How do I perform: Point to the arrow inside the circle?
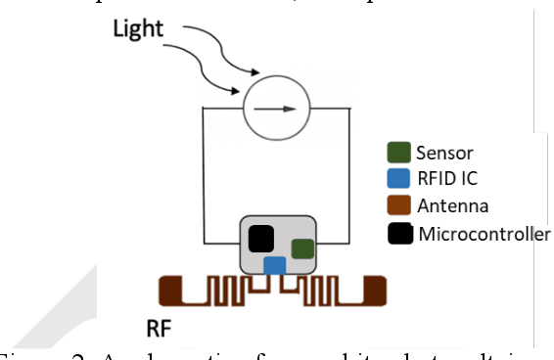click(281, 106)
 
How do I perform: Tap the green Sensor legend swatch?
click(399, 153)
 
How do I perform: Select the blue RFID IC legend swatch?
click(399, 179)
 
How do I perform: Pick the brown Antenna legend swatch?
click(399, 206)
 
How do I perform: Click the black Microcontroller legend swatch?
click(399, 234)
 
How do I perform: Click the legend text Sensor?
click(445, 153)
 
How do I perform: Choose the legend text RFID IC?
click(448, 179)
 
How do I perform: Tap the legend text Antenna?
click(452, 206)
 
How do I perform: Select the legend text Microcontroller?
click(484, 234)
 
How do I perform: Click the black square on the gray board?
click(261, 238)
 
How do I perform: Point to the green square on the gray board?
click(302, 248)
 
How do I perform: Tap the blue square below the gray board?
click(275, 265)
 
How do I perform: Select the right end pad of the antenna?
click(375, 290)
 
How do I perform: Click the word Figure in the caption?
click(22, 354)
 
